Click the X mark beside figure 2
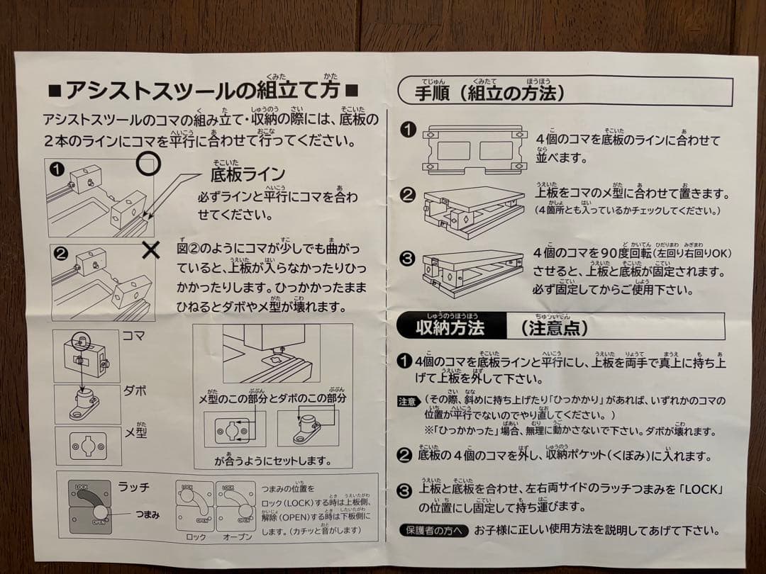coord(151,249)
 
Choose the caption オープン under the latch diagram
coord(237,536)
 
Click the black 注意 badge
coord(407,402)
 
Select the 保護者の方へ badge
coord(433,530)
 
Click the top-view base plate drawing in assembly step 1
coord(475,150)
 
